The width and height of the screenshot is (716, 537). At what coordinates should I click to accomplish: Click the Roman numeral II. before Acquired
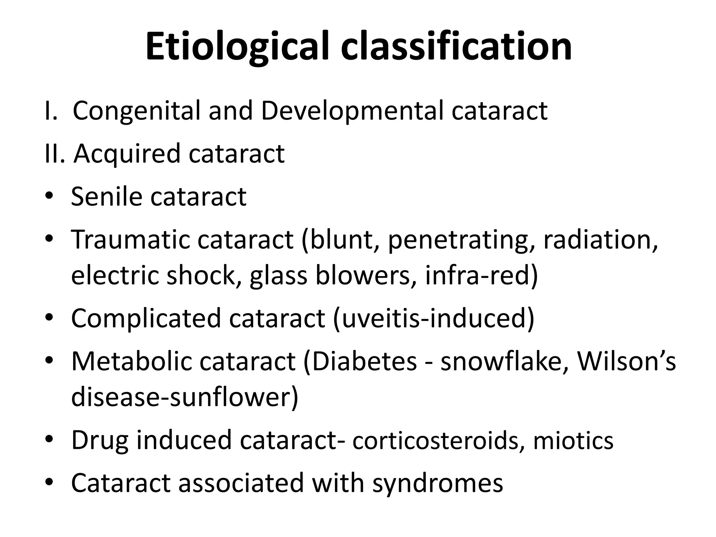click(x=55, y=154)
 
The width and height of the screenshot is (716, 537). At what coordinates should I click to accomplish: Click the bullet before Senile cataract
click(x=49, y=197)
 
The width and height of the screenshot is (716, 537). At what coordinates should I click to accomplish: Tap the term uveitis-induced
click(x=434, y=318)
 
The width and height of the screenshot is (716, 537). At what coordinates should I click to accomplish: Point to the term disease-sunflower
click(x=184, y=397)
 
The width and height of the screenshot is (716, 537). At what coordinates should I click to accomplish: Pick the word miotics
click(x=573, y=441)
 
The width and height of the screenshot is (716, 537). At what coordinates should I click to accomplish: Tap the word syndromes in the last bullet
click(x=437, y=484)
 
